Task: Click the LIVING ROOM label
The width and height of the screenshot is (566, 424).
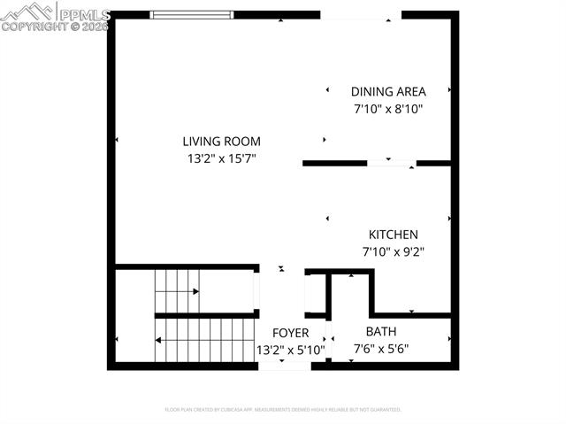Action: point(221,141)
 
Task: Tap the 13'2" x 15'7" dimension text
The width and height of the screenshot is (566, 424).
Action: point(221,159)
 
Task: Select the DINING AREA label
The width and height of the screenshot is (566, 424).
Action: point(388,91)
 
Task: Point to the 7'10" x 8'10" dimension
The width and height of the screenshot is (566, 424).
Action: point(388,109)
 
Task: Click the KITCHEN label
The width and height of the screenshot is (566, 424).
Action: point(394,235)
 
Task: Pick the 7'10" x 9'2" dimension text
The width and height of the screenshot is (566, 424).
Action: point(394,251)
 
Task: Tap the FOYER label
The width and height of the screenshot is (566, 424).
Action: point(290,333)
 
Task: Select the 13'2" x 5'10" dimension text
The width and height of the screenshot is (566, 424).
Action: point(290,350)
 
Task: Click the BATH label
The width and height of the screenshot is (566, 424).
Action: point(380,332)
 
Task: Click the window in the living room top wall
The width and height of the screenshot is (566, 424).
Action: point(192,14)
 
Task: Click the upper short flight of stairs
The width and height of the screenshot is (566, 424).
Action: point(177,290)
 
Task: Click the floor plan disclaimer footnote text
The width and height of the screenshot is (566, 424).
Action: point(283,410)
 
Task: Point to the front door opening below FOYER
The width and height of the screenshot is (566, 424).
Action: point(285,367)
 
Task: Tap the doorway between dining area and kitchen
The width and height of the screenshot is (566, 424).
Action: point(391,163)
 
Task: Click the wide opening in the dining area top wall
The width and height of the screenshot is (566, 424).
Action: point(360,14)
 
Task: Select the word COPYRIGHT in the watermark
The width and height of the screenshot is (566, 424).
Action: point(31,27)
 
